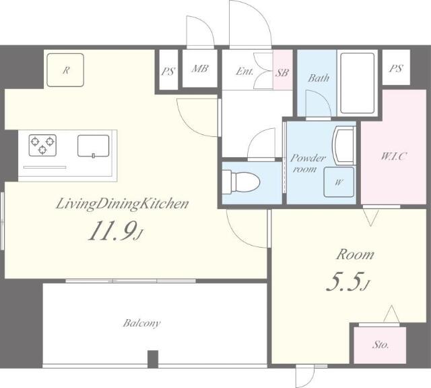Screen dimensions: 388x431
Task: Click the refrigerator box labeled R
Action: point(65,70)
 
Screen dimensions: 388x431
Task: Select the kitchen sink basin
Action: point(93,145)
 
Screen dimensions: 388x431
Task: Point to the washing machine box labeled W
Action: point(337,180)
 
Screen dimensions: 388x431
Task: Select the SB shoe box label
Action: point(282,72)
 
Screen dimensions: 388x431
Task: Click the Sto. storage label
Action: point(380,345)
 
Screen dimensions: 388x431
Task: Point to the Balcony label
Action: point(141,323)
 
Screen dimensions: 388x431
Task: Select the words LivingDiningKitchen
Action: point(112,203)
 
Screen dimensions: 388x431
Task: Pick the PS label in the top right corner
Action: point(395,68)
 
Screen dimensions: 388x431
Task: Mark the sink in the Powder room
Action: point(341,144)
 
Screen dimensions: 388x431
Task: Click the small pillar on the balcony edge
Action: point(153,359)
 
